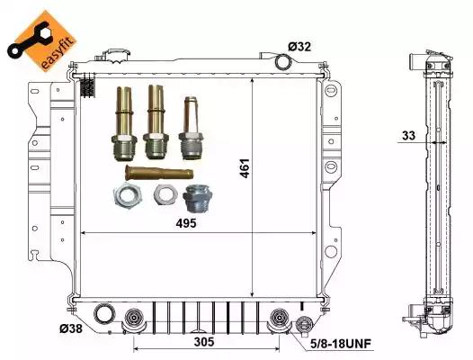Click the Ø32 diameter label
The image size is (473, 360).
point(299,47)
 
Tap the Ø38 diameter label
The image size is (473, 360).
point(71,328)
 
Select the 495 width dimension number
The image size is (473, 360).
point(186,223)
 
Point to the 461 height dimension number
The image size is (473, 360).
point(245,168)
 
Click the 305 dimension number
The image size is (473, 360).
point(204,342)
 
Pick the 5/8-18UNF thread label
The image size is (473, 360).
point(341,344)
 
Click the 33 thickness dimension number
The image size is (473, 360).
point(409,136)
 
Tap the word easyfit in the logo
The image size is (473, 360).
point(58,53)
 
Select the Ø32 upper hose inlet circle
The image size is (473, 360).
point(283,61)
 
